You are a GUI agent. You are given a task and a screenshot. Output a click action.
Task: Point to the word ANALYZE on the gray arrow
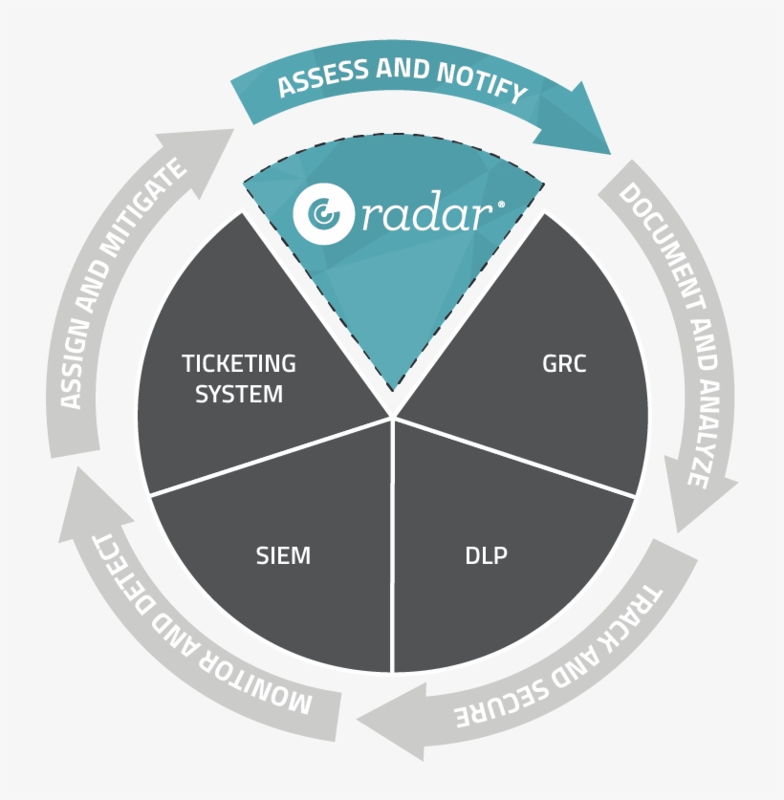tap(704, 421)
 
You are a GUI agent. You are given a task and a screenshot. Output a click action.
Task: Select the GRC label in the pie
tap(563, 363)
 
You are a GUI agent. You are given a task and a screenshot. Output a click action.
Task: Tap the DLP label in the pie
tap(486, 555)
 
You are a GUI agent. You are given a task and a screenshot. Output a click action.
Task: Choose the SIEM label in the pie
tap(283, 555)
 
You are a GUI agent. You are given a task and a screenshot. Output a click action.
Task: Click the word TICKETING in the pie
tap(239, 363)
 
